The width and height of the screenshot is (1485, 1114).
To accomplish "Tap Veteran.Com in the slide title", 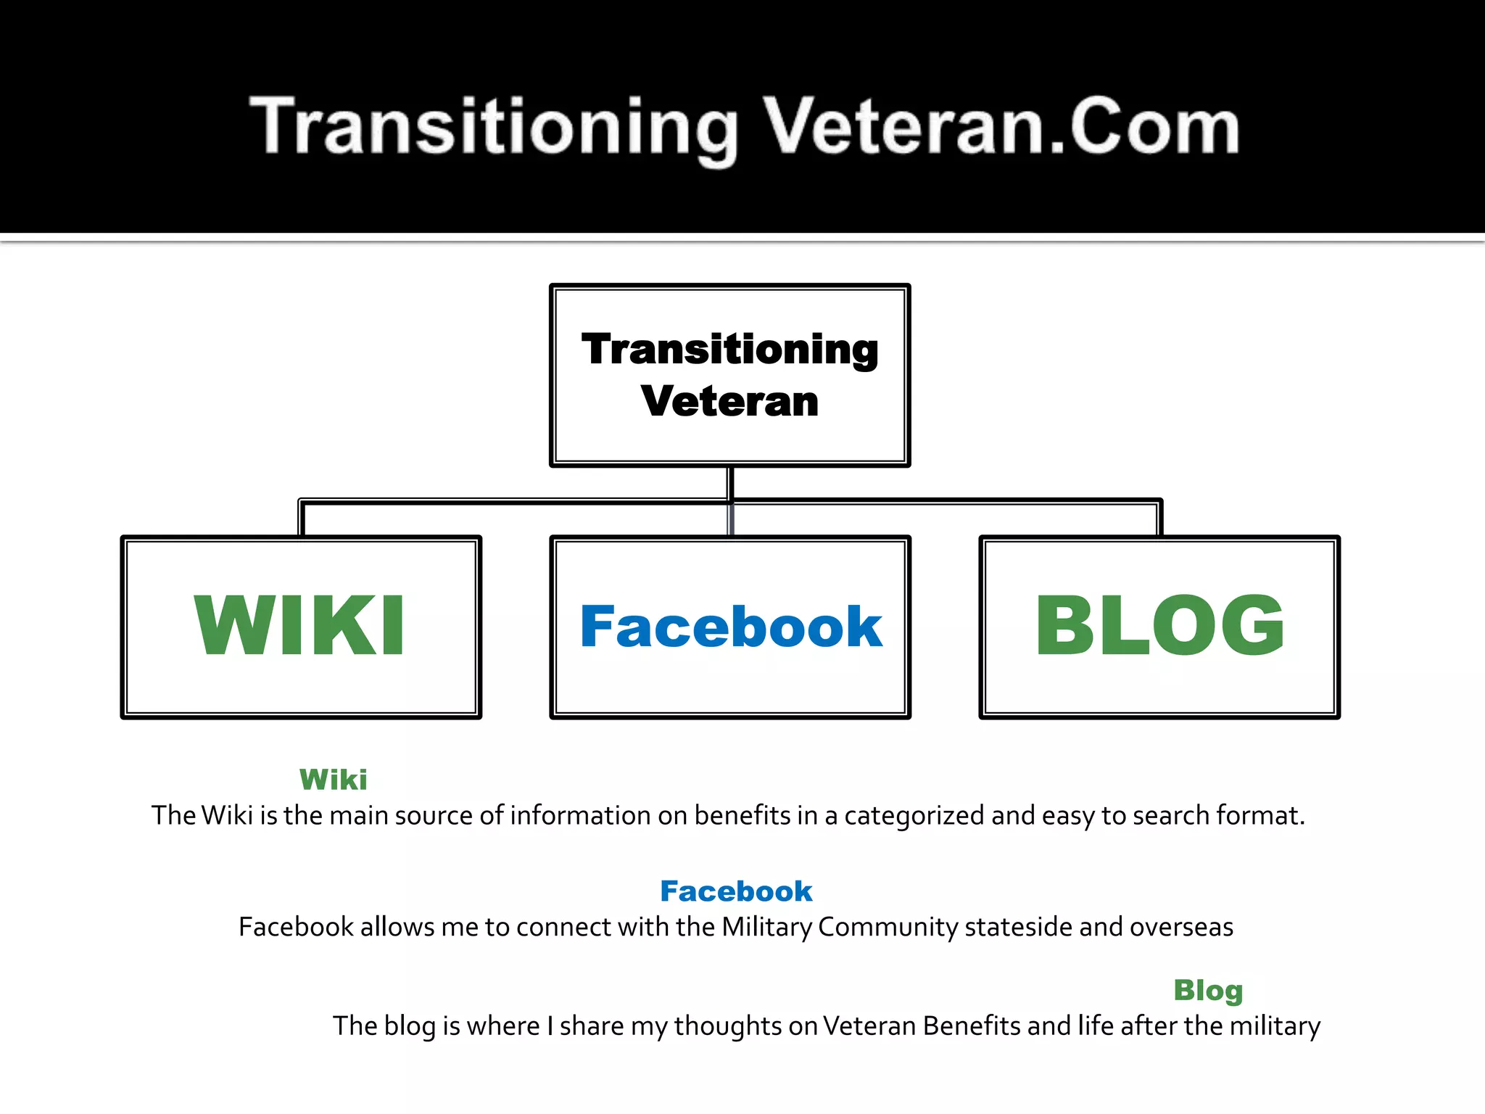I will pyautogui.click(x=1001, y=127).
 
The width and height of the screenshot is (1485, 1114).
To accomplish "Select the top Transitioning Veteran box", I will pyautogui.click(x=729, y=375).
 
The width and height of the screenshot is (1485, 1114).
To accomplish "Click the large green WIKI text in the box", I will pyautogui.click(x=299, y=625).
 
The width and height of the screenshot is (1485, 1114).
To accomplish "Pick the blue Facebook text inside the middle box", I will pyautogui.click(x=731, y=627).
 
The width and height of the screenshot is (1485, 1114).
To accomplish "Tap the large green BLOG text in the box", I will pyautogui.click(x=1159, y=625).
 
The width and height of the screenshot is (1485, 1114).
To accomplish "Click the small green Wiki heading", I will pyautogui.click(x=334, y=780).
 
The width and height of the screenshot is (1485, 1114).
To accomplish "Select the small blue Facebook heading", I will pyautogui.click(x=736, y=891).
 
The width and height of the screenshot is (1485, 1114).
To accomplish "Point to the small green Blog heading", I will pyautogui.click(x=1208, y=991).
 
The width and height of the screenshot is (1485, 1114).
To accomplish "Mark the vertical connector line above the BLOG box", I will pyautogui.click(x=1160, y=519).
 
